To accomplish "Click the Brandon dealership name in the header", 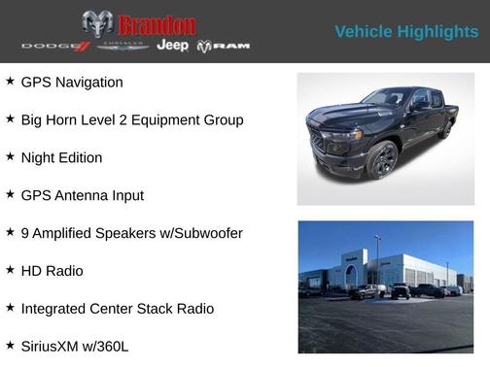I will pos(157,24).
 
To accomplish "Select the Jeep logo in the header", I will pos(173,46).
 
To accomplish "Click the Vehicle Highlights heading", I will pos(406,32).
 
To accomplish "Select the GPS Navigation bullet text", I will pos(72,83).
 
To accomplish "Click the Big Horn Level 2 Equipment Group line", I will pos(132,120).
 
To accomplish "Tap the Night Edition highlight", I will pos(61,158).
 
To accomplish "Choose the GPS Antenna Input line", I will pos(82,196).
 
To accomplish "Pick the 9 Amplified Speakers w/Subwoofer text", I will pos(131,234).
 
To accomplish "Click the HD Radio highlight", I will pos(52,272).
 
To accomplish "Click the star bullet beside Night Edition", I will pos(10,157).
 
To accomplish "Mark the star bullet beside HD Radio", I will pos(10,271).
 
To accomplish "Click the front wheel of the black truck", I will pos(382,160).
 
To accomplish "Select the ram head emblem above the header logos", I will pos(96,24).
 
